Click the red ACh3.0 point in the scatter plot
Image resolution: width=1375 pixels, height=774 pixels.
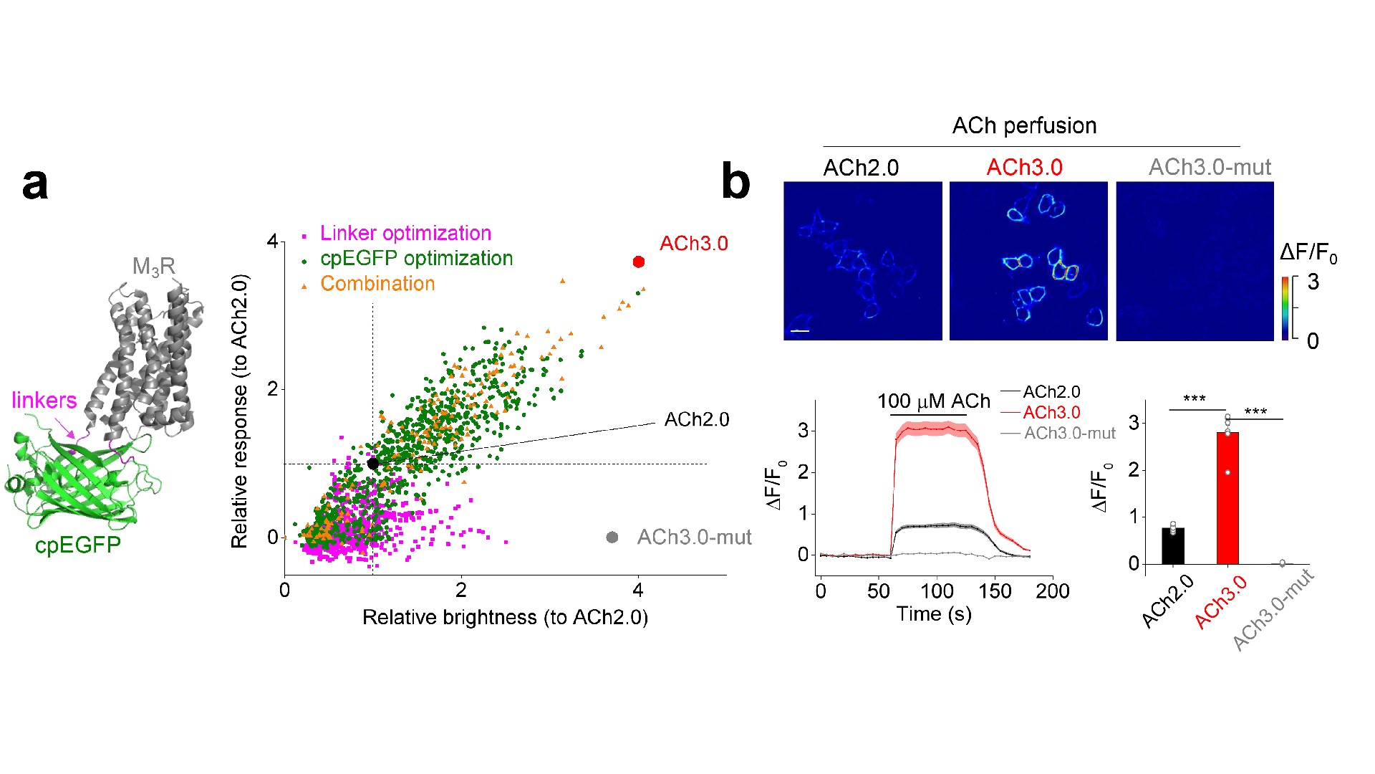tap(639, 262)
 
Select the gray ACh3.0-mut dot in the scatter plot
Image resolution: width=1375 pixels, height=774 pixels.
tap(612, 537)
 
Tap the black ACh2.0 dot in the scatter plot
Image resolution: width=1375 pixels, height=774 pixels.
tap(373, 464)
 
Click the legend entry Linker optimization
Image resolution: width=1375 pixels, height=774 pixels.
tap(405, 234)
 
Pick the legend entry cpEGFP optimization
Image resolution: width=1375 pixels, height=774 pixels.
tap(416, 259)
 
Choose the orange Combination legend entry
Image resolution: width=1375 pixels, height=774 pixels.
tap(377, 284)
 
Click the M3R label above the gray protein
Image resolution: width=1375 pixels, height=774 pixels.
tap(153, 267)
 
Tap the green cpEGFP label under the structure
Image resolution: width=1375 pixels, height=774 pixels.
tap(77, 545)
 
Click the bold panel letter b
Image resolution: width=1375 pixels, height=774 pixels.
tap(735, 182)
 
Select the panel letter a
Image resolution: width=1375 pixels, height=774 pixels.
tap(35, 183)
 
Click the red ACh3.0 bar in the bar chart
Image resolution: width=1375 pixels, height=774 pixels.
tap(1227, 498)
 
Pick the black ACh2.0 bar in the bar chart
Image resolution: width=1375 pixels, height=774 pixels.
tap(1173, 546)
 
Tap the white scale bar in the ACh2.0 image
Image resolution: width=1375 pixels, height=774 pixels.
tap(800, 331)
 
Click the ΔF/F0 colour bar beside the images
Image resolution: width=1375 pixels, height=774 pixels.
tap(1285, 308)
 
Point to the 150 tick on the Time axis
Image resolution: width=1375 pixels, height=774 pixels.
tap(995, 591)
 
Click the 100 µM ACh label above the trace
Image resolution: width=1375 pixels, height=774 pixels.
tap(933, 401)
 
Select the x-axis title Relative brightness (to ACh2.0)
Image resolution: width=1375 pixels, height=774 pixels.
tap(505, 618)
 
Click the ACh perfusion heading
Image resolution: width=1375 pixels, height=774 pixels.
tap(1024, 126)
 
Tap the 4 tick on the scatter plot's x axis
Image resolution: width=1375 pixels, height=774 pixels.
tap(638, 591)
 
